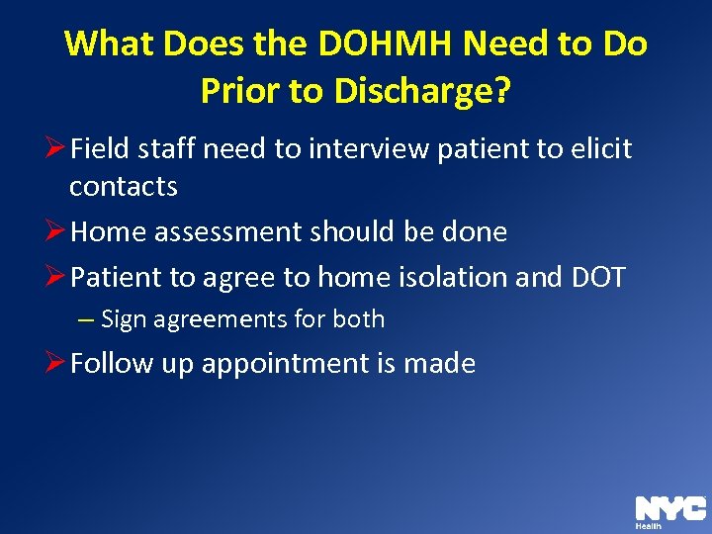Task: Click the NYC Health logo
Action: click(669, 511)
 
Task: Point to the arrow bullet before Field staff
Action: click(56, 149)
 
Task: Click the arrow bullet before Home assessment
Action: click(56, 232)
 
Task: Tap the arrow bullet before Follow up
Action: click(56, 364)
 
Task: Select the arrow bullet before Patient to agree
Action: click(56, 278)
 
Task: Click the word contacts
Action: click(124, 186)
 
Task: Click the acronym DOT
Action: click(599, 278)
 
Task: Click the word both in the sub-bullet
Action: click(361, 319)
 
